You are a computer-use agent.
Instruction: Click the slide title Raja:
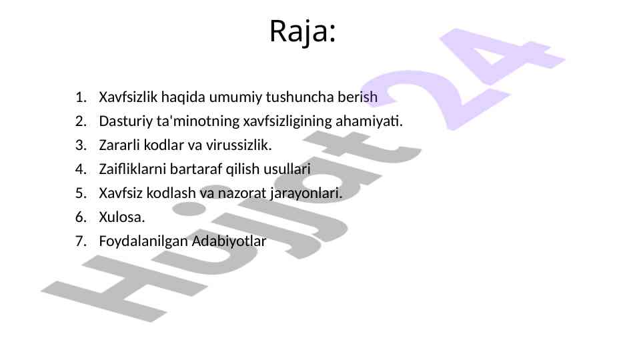coord(303,31)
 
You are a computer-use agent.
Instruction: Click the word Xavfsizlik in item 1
coord(128,97)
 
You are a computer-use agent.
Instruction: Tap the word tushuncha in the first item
coord(299,97)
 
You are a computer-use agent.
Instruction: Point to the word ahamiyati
coord(369,121)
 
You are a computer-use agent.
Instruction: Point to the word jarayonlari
coord(306,193)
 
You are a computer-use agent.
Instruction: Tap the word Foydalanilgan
coord(143,241)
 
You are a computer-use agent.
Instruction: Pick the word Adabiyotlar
coord(229,241)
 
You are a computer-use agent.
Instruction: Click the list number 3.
coord(81,145)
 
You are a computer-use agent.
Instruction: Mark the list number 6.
coord(81,217)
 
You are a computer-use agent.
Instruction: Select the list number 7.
coord(81,241)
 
